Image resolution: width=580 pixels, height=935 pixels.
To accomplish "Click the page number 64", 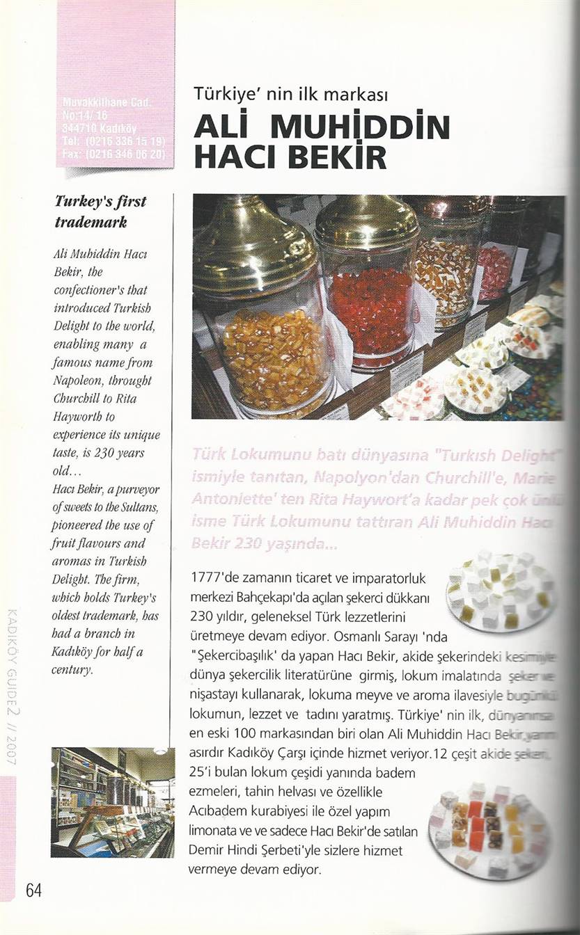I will pyautogui.click(x=33, y=890).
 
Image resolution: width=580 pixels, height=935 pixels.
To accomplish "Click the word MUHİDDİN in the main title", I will pyautogui.click(x=360, y=127).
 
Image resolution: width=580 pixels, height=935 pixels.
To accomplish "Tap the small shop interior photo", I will pyautogui.click(x=112, y=801).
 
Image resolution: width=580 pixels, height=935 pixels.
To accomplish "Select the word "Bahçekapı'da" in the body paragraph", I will pyautogui.click(x=269, y=597).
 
